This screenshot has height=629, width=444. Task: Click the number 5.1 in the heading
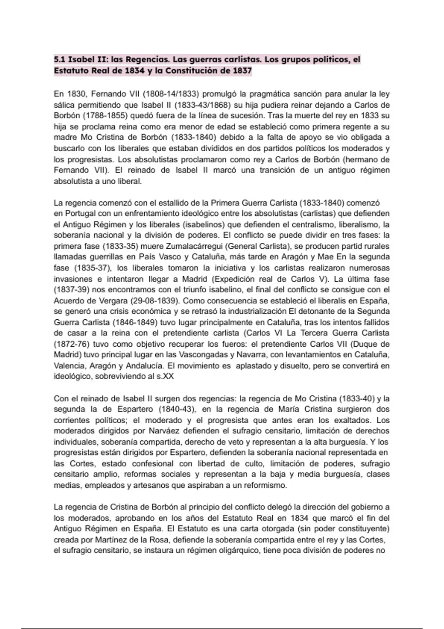(x=59, y=60)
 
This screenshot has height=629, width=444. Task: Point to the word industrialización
(x=257, y=311)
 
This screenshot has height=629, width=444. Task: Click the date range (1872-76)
(x=71, y=344)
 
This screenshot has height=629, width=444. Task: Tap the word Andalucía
(x=144, y=366)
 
